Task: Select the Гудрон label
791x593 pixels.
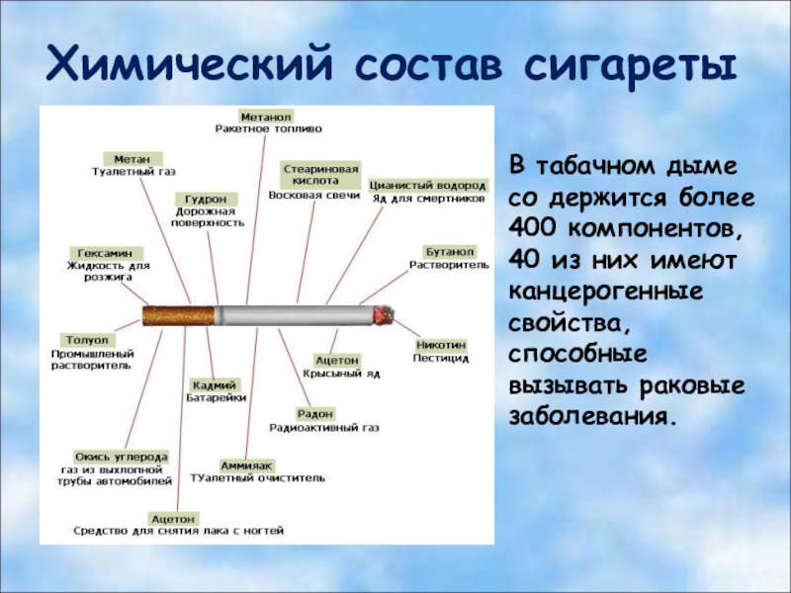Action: [194, 198]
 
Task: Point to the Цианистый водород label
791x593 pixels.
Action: [428, 184]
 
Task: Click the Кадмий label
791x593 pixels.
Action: [215, 383]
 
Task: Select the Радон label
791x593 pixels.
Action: [314, 412]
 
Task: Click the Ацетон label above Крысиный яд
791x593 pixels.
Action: [337, 360]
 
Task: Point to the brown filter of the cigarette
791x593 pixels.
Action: [179, 316]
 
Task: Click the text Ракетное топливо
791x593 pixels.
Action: [268, 128]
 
